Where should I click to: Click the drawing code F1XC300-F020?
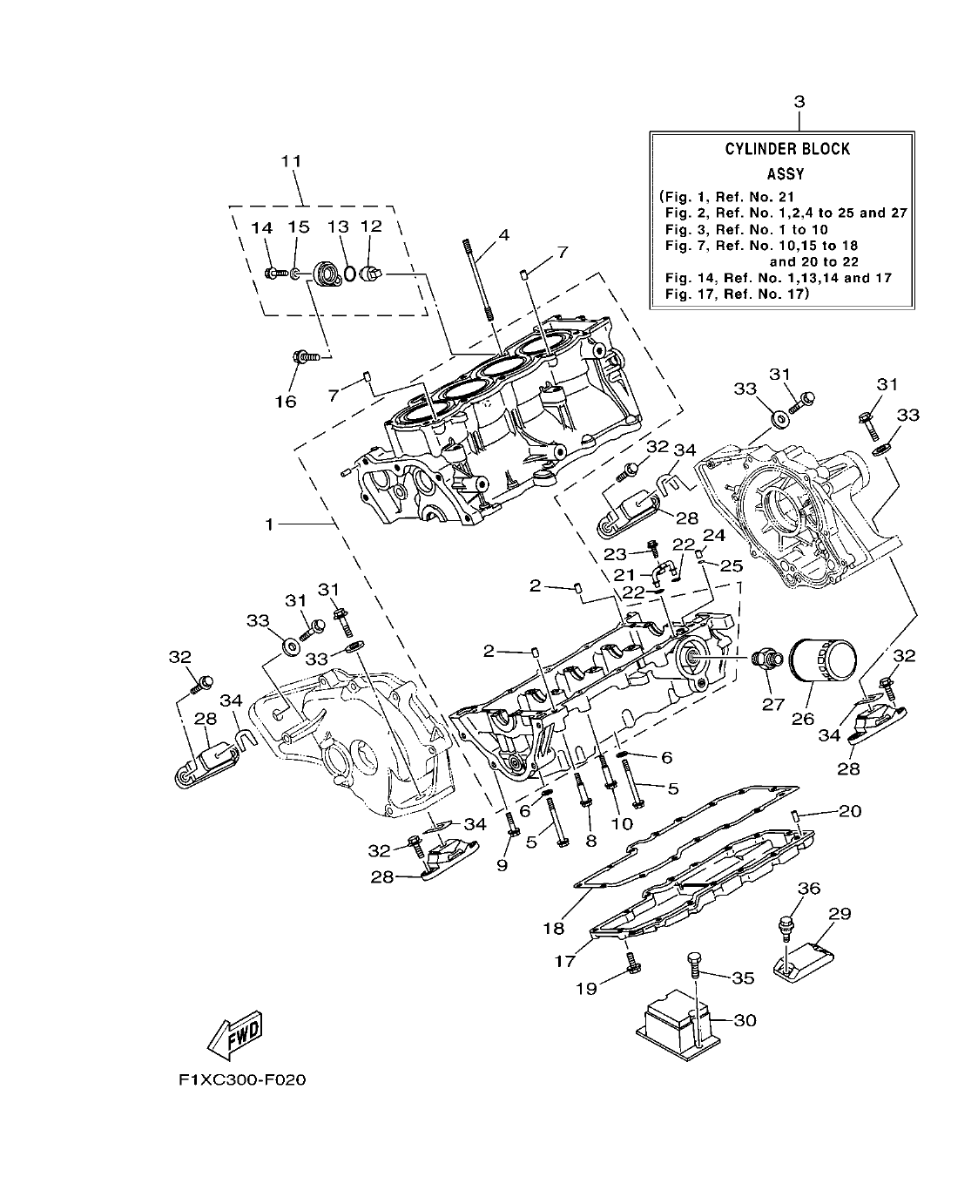(242, 1080)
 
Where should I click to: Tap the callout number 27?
(773, 704)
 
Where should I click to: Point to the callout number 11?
(291, 161)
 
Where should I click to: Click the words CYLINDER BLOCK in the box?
(787, 149)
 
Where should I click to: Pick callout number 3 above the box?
(799, 102)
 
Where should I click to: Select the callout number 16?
(286, 401)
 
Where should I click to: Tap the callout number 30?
(745, 1020)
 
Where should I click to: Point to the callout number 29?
(840, 914)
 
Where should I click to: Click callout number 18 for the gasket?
(555, 929)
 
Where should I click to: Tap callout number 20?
(850, 811)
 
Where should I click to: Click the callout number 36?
(809, 888)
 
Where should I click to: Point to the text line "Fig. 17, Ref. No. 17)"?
(737, 294)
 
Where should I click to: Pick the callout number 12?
(371, 227)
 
